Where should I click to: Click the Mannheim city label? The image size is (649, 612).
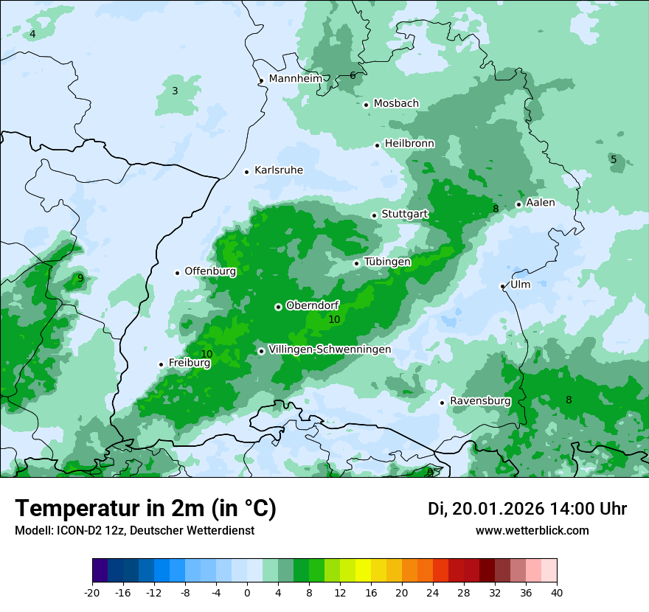point(295,78)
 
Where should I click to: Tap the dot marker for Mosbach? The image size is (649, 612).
point(366,105)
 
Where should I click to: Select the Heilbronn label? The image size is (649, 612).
point(409,143)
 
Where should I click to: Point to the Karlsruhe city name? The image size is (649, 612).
point(278,170)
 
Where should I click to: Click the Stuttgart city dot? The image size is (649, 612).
point(375,215)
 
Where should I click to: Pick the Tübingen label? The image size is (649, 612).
point(387,262)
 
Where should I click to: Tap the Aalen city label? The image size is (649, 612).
point(541,203)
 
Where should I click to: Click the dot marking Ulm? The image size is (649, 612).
point(503,286)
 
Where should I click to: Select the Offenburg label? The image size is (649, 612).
point(210,271)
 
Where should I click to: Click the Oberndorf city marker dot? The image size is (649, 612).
point(278,307)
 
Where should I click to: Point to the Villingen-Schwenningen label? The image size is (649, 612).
point(330,350)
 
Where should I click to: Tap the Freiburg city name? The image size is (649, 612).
point(190,363)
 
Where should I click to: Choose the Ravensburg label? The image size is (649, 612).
point(480,401)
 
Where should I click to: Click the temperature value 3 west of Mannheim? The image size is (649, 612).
point(175,91)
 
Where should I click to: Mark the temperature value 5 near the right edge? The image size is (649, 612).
point(613,159)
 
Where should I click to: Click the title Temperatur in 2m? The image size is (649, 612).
point(145,509)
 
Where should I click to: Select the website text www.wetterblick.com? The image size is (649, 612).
point(532,531)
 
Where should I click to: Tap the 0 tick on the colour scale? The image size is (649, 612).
point(247,592)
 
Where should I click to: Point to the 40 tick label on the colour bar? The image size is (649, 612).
point(557,592)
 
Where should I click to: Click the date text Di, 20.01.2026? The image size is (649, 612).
point(485,509)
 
